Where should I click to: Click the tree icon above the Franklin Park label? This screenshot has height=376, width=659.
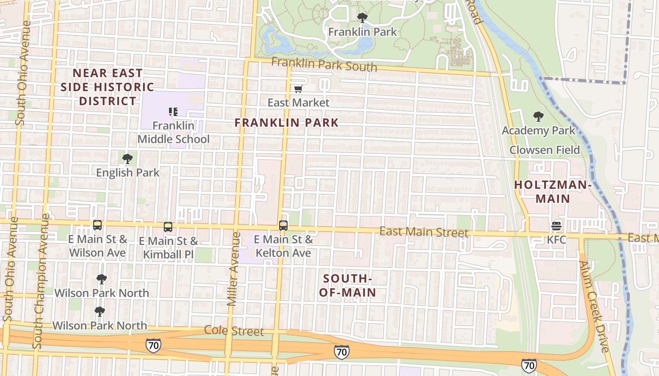362,18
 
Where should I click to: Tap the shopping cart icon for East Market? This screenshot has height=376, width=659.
298,89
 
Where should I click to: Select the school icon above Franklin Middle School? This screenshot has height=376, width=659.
173,111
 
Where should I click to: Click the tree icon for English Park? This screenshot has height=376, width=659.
127,159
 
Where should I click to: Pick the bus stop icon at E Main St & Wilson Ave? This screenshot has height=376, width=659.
97,225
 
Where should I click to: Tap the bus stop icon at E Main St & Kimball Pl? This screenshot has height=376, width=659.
168,227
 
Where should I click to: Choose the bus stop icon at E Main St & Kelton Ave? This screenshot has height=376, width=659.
283,226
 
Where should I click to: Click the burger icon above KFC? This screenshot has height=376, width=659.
556,226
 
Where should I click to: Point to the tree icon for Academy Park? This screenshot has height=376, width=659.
538,117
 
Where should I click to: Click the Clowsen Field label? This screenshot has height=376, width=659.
545,150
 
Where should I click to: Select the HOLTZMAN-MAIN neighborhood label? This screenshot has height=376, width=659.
553,192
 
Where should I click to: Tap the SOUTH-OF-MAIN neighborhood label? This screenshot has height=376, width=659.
348,286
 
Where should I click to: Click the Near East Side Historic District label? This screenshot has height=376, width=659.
108,87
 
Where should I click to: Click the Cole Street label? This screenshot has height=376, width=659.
234,331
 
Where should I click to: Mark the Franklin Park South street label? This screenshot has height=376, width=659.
324,64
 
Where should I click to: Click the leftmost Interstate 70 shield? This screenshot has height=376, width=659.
153,345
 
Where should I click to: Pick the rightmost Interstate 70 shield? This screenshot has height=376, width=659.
529,365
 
